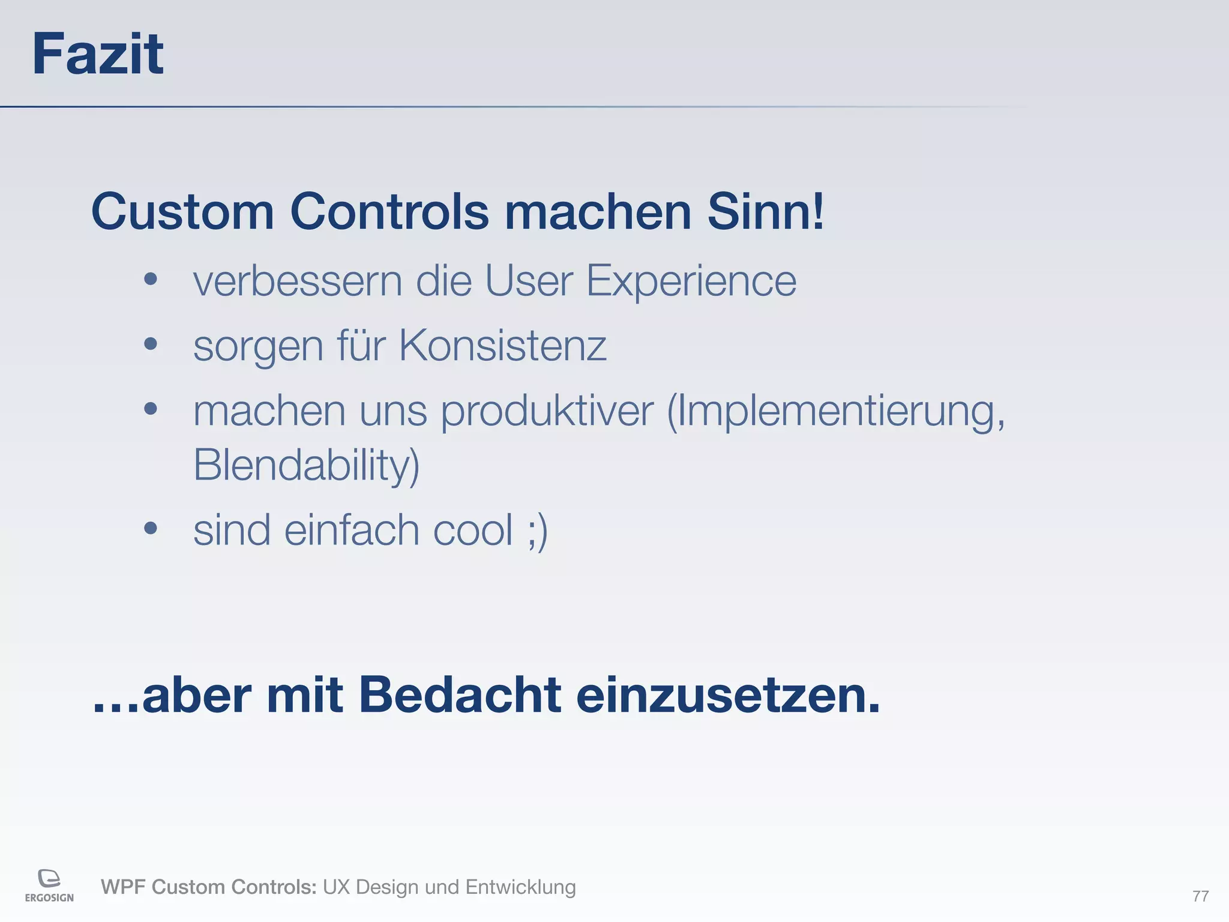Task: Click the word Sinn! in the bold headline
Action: [x=766, y=211]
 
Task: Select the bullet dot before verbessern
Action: [x=151, y=279]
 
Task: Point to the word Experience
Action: [x=691, y=281]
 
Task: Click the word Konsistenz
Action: [x=502, y=346]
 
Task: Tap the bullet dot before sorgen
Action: [x=151, y=344]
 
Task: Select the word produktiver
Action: [x=547, y=412]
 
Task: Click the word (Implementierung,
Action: [x=836, y=412]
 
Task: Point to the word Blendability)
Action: [x=306, y=465]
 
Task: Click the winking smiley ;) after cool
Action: [x=537, y=531]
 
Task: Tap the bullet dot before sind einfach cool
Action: [x=151, y=528]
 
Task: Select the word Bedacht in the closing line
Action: [x=460, y=695]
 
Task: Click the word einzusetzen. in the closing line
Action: [x=727, y=695]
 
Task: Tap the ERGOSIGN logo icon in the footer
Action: [x=49, y=879]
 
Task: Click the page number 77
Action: [x=1200, y=896]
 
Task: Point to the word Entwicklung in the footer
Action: [x=520, y=887]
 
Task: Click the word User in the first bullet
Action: [x=529, y=281]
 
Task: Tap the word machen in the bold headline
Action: [x=598, y=211]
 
